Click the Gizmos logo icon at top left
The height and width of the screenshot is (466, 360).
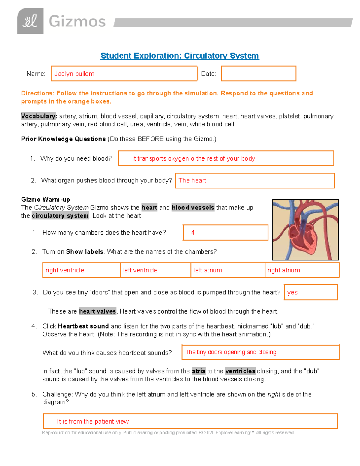30,21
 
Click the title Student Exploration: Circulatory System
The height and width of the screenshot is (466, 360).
180,56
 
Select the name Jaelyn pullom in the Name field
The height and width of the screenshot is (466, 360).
74,74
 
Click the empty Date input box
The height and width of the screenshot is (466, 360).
259,74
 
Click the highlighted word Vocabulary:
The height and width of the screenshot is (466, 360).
39,116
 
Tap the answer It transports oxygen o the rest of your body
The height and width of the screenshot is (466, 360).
193,158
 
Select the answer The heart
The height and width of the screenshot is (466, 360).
193,181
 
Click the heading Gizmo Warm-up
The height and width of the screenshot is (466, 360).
46,200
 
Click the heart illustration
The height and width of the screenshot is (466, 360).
305,230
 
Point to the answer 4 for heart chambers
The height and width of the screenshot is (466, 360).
193,233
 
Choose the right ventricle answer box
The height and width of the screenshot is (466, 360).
81,270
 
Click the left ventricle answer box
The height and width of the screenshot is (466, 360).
155,270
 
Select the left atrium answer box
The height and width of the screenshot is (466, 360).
228,270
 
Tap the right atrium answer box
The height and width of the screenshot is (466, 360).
302,270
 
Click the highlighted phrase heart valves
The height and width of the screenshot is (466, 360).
97,311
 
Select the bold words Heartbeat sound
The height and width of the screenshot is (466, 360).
83,326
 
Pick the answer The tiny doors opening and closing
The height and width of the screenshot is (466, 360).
231,352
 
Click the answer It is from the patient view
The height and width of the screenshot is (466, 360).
93,422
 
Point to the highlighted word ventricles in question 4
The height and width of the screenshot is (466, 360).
240,371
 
